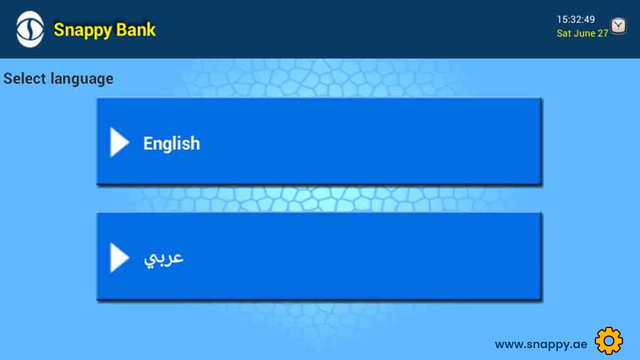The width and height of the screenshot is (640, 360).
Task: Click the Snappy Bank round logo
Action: (30, 29)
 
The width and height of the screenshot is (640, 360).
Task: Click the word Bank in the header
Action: (136, 29)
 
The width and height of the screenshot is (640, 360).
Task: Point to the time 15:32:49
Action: (576, 19)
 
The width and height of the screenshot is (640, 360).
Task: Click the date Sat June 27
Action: (582, 33)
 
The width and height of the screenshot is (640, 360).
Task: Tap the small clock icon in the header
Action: (619, 26)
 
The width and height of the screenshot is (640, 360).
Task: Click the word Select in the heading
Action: (24, 78)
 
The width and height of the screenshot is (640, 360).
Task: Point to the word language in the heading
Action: (82, 79)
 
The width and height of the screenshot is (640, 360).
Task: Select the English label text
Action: (171, 144)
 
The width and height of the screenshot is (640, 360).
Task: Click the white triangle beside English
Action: (119, 142)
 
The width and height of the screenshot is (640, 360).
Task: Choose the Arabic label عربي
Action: (164, 258)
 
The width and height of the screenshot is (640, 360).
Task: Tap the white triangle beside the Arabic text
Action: (119, 258)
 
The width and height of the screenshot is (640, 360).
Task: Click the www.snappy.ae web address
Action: (541, 344)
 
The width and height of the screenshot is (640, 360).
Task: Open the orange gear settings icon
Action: (609, 341)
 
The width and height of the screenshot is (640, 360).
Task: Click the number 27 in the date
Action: (603, 33)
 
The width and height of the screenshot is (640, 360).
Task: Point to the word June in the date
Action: (584, 33)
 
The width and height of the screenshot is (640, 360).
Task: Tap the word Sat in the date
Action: (563, 33)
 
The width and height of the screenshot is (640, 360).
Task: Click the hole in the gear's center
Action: (609, 341)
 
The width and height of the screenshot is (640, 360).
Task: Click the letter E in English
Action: (147, 143)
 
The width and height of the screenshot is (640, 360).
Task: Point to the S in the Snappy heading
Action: (60, 29)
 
